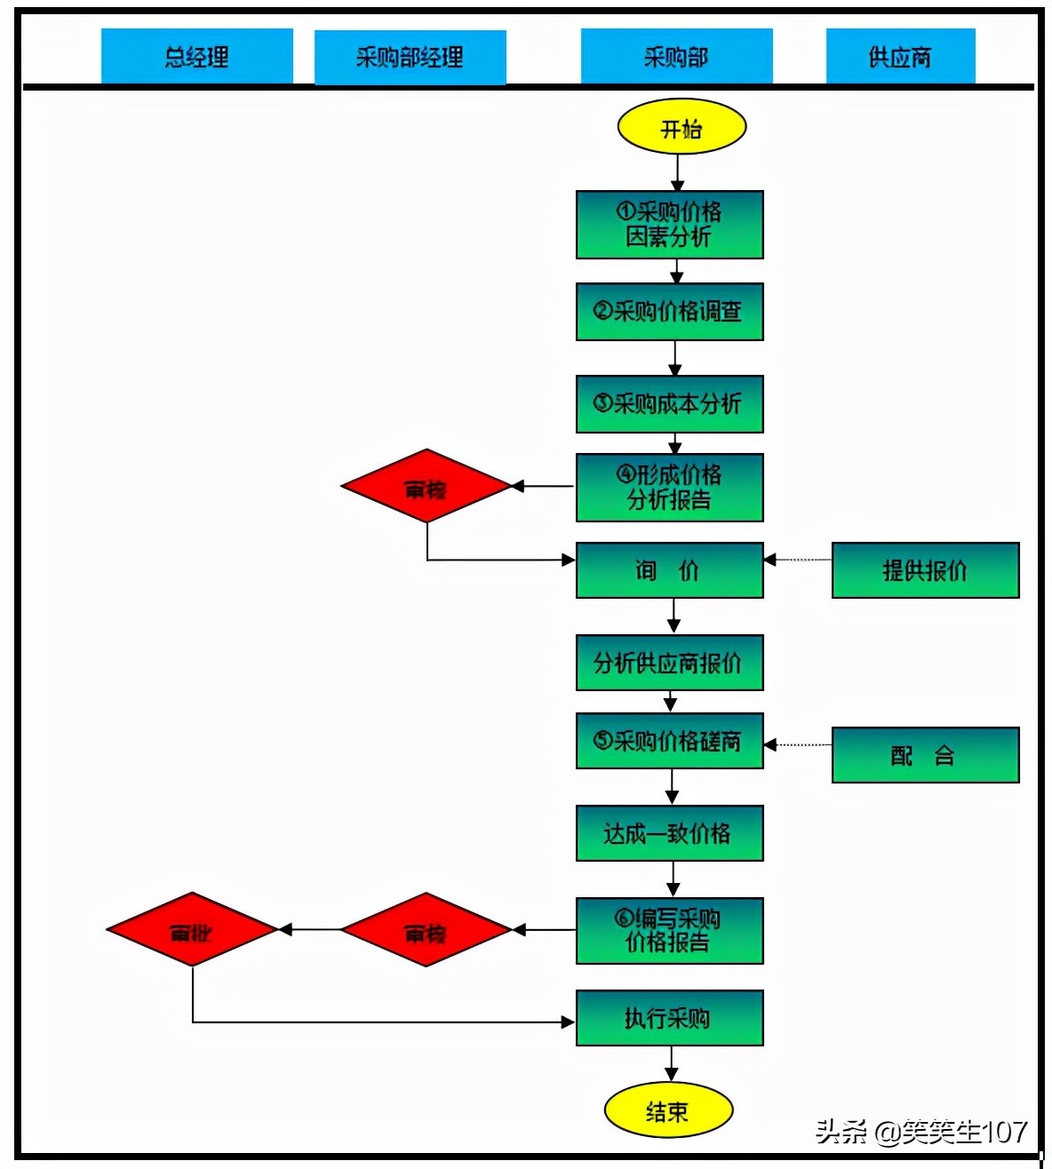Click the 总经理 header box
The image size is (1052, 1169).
[x=196, y=57]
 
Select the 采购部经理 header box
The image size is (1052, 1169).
[x=410, y=58]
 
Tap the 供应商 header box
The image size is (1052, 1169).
[x=900, y=57]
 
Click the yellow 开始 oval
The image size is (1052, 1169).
[x=681, y=127]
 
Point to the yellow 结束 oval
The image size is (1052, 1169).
[x=668, y=1110]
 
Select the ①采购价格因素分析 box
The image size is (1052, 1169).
[x=669, y=225]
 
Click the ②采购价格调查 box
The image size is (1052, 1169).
[x=669, y=312]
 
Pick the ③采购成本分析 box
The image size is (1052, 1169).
[x=669, y=404]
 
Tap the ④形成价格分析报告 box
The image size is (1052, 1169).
[x=669, y=487]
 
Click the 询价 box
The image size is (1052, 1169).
[x=669, y=570]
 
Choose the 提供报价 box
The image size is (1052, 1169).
[x=925, y=570]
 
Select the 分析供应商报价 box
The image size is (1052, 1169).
[x=669, y=663]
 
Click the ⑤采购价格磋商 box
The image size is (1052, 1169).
[x=669, y=741]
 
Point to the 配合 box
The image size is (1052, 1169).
[x=925, y=755]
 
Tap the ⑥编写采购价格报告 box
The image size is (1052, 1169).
[x=669, y=931]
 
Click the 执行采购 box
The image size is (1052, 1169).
[x=669, y=1018]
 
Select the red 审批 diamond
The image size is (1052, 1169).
[x=192, y=930]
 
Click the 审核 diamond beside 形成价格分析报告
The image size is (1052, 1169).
[x=426, y=487]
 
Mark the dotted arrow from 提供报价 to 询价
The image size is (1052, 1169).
[x=798, y=560]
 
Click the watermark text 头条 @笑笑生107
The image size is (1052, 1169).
[x=920, y=1131]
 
